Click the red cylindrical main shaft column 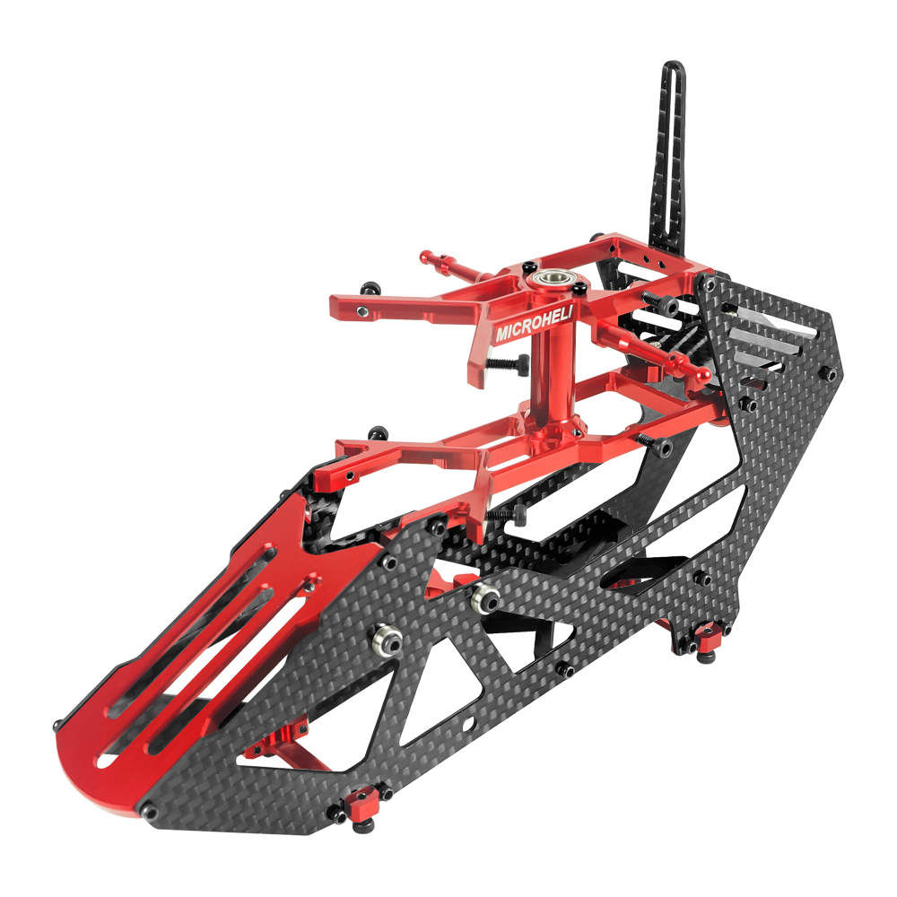tap(549, 377)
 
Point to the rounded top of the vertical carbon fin tap(673, 70)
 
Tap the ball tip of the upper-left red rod tap(426, 257)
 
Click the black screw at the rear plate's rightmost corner tap(831, 372)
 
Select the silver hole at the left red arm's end tap(361, 310)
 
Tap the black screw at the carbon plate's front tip tap(152, 813)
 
